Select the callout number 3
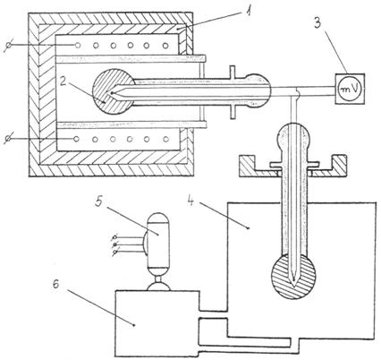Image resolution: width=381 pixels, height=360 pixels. (x=317, y=23)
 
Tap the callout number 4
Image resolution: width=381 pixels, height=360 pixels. (x=190, y=201)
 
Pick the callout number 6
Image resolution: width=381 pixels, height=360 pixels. (x=55, y=285)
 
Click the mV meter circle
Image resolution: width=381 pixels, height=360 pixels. (x=350, y=89)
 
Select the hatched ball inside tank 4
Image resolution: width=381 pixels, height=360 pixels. (x=293, y=276)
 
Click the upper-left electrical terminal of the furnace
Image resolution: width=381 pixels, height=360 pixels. (x=9, y=46)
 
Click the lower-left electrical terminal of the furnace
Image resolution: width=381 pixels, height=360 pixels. (x=9, y=139)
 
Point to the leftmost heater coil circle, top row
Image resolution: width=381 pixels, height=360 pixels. (x=78, y=46)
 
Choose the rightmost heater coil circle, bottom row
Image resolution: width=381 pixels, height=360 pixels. (x=166, y=139)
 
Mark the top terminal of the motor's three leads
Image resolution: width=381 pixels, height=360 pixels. (x=114, y=237)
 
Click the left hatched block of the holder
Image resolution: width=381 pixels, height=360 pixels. (x=247, y=165)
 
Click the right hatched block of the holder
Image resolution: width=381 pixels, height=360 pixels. (x=339, y=165)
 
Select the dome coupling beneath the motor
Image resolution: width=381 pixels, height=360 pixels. (x=158, y=286)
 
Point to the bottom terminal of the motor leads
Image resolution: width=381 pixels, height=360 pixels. (x=114, y=253)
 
